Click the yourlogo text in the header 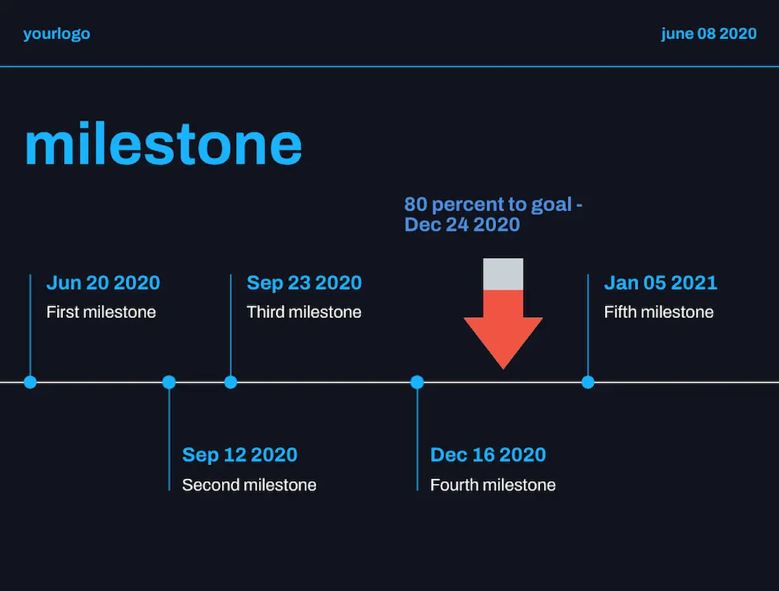coord(56,34)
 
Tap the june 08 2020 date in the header coord(709,34)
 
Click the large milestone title coord(163,143)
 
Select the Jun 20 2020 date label coord(103,283)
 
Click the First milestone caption coord(101,312)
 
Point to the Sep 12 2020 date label coord(240,455)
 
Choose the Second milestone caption coord(249,485)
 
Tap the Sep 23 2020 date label coord(304,283)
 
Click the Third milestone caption coord(304,312)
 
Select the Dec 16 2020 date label coord(488,455)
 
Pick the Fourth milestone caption coord(493,485)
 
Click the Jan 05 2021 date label coord(661,283)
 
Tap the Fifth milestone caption coord(659,312)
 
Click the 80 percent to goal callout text coord(493,214)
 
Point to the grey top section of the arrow coord(503,274)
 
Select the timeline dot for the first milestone coord(30,382)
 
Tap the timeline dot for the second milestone coord(169,382)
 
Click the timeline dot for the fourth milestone coord(417,382)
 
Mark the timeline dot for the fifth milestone coord(588,382)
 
